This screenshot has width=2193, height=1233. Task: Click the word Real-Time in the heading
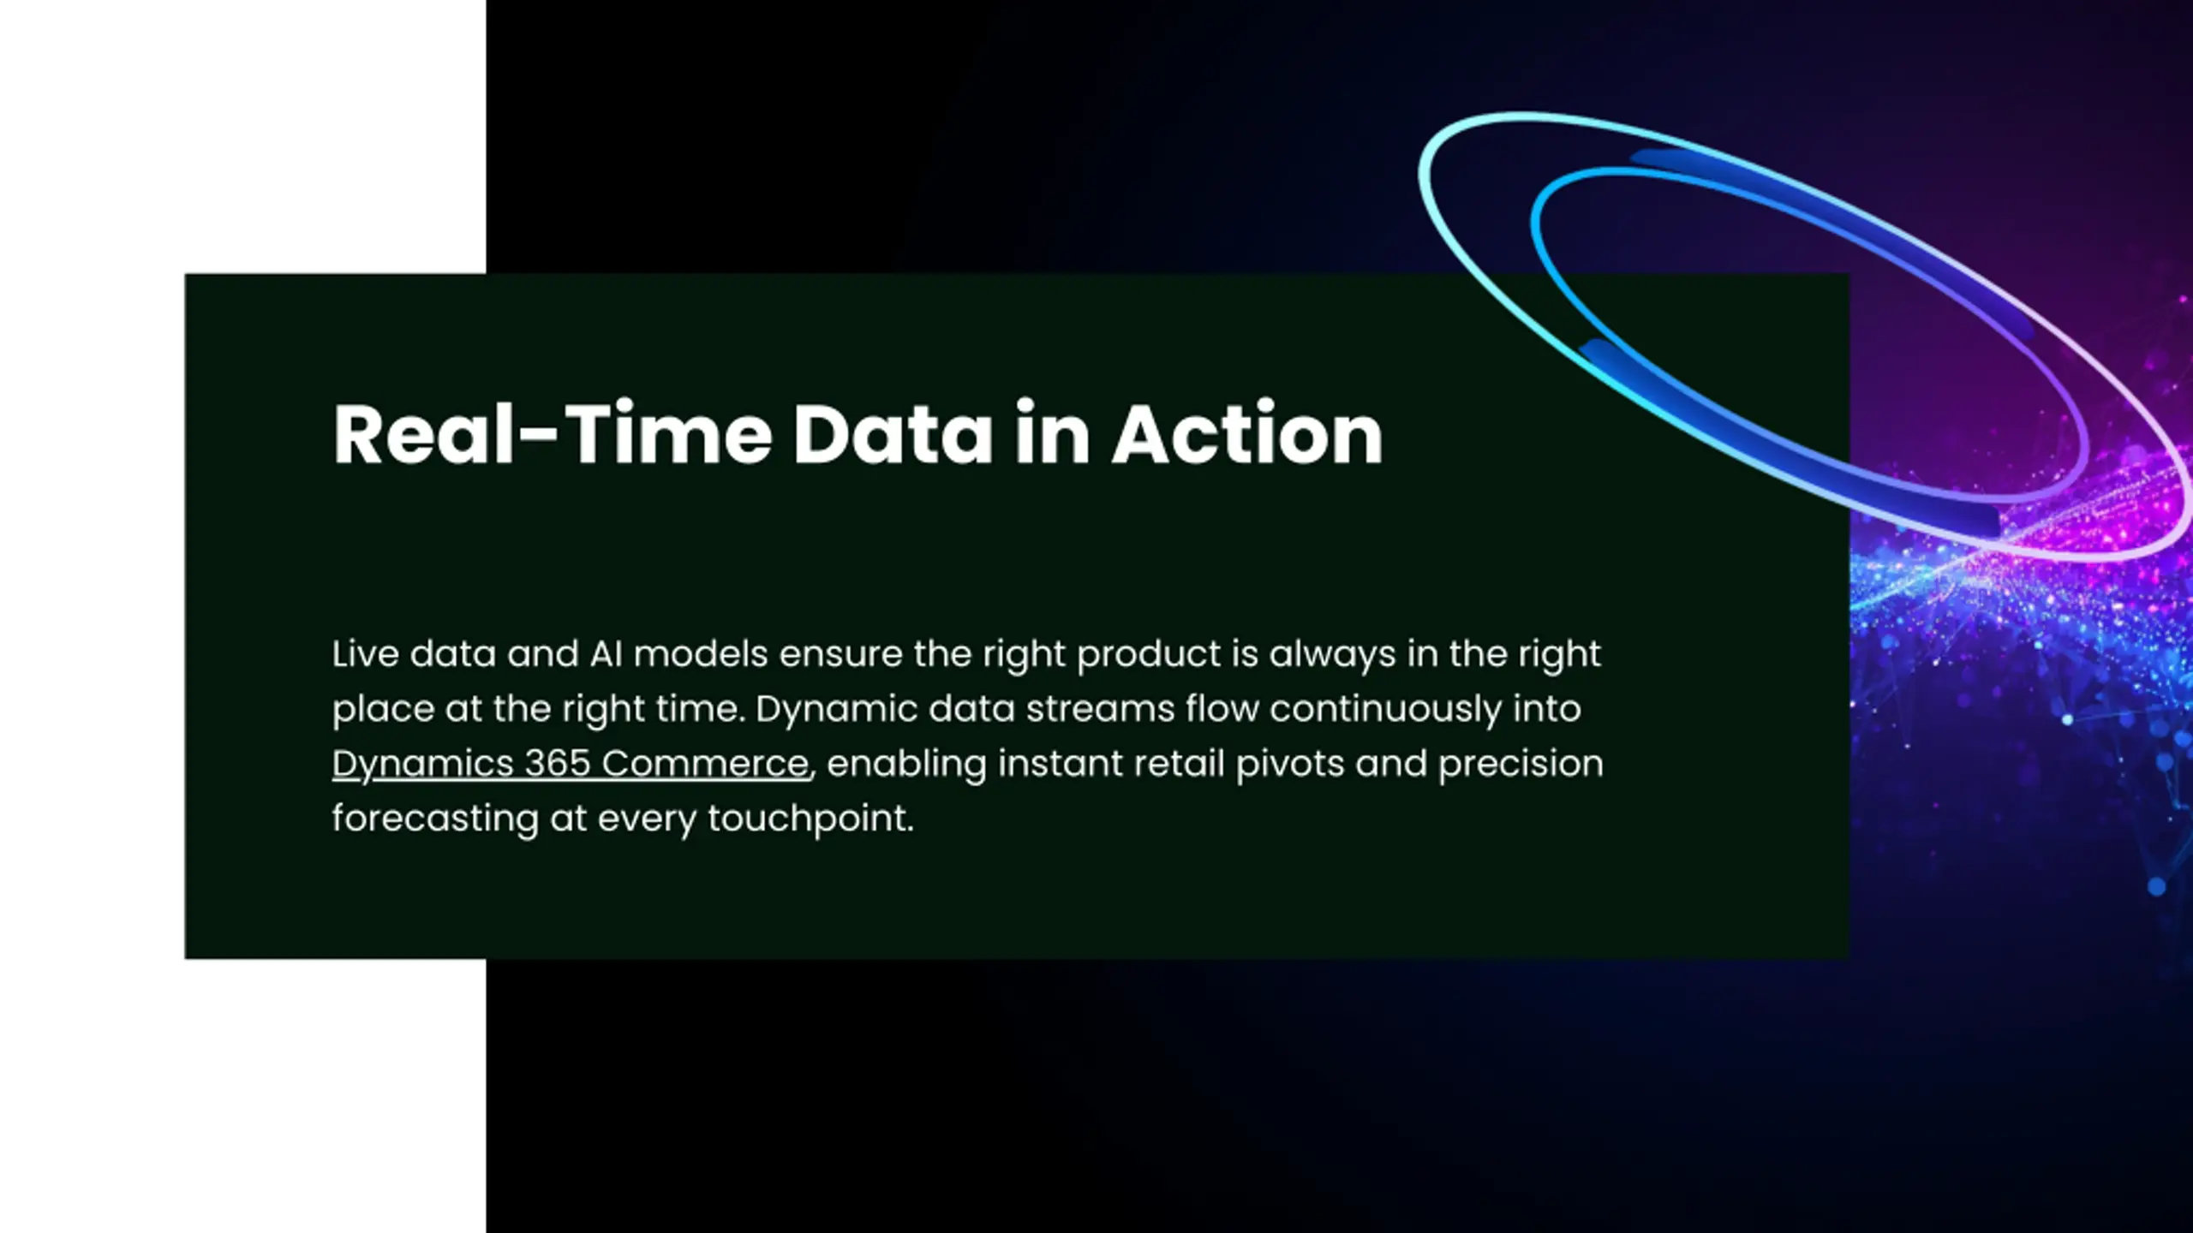pyautogui.click(x=553, y=434)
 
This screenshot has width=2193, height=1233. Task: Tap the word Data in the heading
pyautogui.click(x=893, y=434)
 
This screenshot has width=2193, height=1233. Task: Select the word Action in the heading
pyautogui.click(x=1247, y=434)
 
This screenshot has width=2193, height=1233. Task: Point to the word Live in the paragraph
pyautogui.click(x=365, y=654)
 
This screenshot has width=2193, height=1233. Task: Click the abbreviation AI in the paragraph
pyautogui.click(x=606, y=654)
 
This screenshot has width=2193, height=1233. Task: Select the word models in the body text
pyautogui.click(x=701, y=654)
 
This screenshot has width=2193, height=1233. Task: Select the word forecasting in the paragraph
pyautogui.click(x=435, y=819)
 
